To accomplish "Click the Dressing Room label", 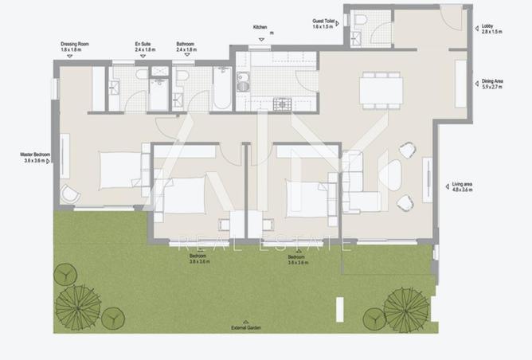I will coord(75,46).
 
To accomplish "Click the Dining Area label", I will coord(491,83).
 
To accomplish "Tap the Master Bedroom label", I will coord(35,157).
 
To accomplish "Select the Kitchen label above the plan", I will coord(260,27).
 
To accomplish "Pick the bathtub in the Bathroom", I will coord(221,88).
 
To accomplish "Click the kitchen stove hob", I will coord(283,104).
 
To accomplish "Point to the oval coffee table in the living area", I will coord(393,174).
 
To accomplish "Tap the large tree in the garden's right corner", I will coord(406,308).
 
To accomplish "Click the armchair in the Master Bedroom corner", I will coord(69,194).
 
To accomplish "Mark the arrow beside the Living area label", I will coord(444,186).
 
